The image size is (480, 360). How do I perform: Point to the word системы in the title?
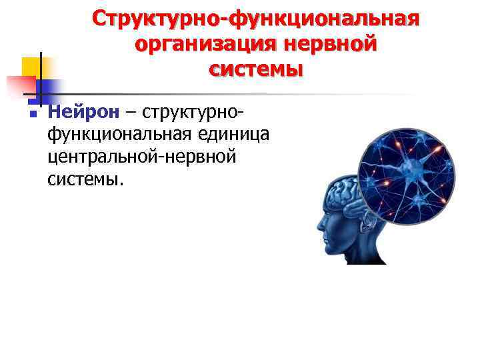pyautogui.click(x=255, y=69)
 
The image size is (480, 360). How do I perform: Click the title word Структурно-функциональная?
pyautogui.click(x=256, y=19)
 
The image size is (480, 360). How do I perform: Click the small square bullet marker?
pyautogui.click(x=31, y=115)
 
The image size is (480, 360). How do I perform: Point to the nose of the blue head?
pyautogui.click(x=319, y=225)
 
